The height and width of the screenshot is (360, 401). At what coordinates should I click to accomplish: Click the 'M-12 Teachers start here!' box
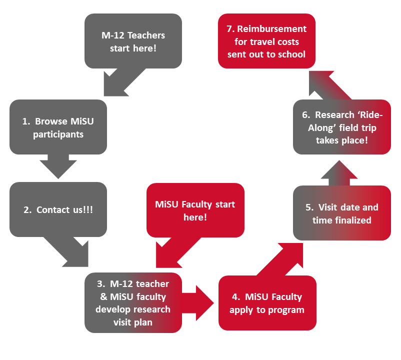tap(133, 41)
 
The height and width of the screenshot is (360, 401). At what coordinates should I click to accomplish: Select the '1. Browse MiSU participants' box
tap(58, 127)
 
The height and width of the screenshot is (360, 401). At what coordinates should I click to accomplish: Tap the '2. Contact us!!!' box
tap(58, 209)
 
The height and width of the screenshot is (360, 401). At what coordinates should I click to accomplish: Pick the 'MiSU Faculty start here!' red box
tap(195, 210)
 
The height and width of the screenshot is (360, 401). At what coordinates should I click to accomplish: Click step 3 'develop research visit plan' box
tap(132, 302)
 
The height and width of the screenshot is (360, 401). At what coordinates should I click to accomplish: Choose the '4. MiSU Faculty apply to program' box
tap(267, 303)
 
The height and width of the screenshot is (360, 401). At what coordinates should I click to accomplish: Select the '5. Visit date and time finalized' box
tap(341, 213)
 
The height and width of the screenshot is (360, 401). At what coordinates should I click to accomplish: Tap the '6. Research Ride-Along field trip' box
tap(341, 127)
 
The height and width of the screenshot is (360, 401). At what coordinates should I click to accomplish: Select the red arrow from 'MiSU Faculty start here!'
tap(170, 253)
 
